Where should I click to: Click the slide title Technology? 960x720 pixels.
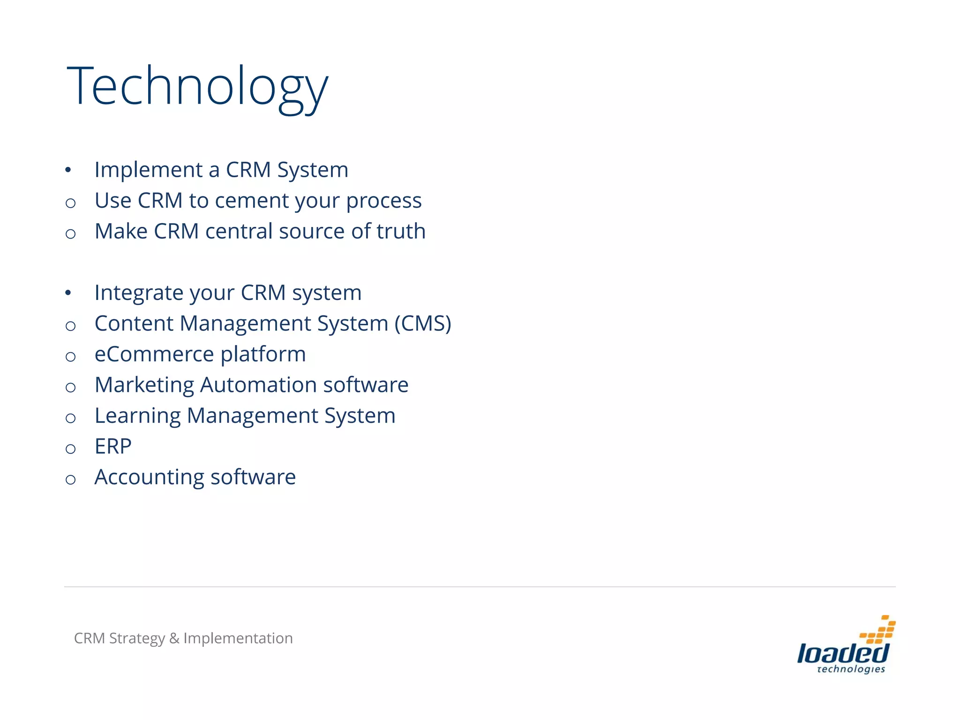pyautogui.click(x=197, y=87)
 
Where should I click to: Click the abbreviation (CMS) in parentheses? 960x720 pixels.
pyautogui.click(x=423, y=323)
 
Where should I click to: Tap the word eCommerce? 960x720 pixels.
pyautogui.click(x=154, y=354)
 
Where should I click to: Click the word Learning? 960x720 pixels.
pyautogui.click(x=137, y=416)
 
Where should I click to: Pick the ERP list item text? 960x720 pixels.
pyautogui.click(x=113, y=446)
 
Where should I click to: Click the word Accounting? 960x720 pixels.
pyautogui.click(x=149, y=477)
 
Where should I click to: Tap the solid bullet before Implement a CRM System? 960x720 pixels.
pyautogui.click(x=68, y=170)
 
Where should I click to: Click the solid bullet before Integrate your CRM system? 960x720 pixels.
pyautogui.click(x=68, y=293)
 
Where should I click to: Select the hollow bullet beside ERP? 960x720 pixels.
pyautogui.click(x=71, y=449)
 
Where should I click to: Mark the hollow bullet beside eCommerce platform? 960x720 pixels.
pyautogui.click(x=71, y=357)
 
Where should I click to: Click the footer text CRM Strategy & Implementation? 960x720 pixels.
pyautogui.click(x=183, y=638)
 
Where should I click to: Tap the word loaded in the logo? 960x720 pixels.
pyautogui.click(x=842, y=653)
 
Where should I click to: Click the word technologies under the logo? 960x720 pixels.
pyautogui.click(x=851, y=669)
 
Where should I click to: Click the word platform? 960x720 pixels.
pyautogui.click(x=263, y=354)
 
